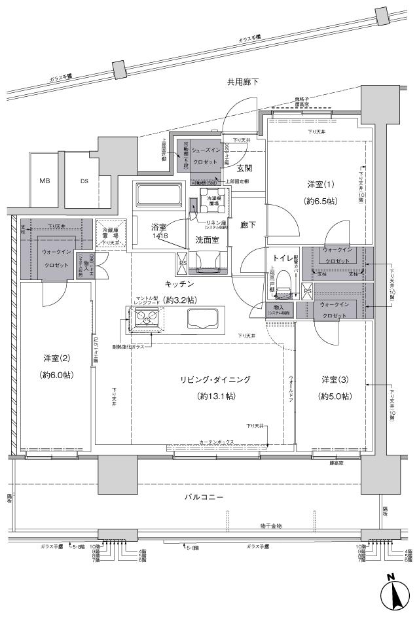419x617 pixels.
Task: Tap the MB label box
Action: coord(45,181)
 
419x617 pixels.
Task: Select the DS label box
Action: coord(84,181)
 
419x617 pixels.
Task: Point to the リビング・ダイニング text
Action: coord(216,379)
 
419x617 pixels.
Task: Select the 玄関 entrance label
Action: coord(244,168)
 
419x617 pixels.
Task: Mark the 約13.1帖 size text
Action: coord(216,397)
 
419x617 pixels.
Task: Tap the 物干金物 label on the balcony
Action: coord(269,526)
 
